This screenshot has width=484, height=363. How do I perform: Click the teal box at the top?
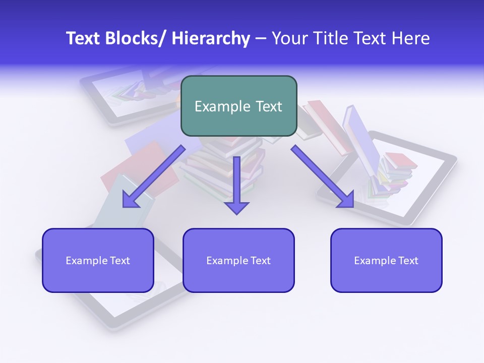[x=238, y=106]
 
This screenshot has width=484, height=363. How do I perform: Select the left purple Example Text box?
[x=98, y=260]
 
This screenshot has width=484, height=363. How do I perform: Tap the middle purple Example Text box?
[x=238, y=260]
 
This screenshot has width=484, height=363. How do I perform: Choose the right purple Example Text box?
[x=386, y=260]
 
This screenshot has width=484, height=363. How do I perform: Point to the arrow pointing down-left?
[x=154, y=176]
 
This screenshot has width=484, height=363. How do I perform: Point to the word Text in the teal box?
[x=268, y=106]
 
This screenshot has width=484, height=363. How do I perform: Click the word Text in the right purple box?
[x=407, y=261]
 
